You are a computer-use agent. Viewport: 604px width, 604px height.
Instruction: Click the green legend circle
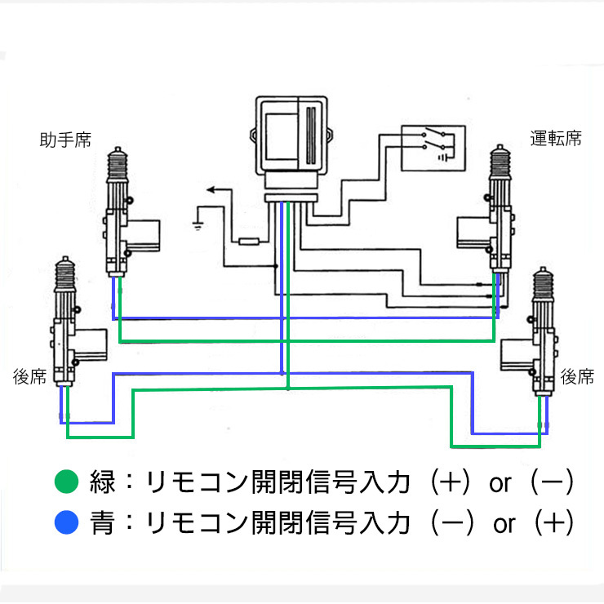[64, 482]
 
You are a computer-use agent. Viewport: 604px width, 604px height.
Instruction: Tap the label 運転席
[556, 138]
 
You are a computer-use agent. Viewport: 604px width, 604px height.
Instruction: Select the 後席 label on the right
[577, 377]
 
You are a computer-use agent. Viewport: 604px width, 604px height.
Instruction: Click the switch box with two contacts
[433, 147]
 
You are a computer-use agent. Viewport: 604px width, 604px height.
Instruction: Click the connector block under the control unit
[291, 198]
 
